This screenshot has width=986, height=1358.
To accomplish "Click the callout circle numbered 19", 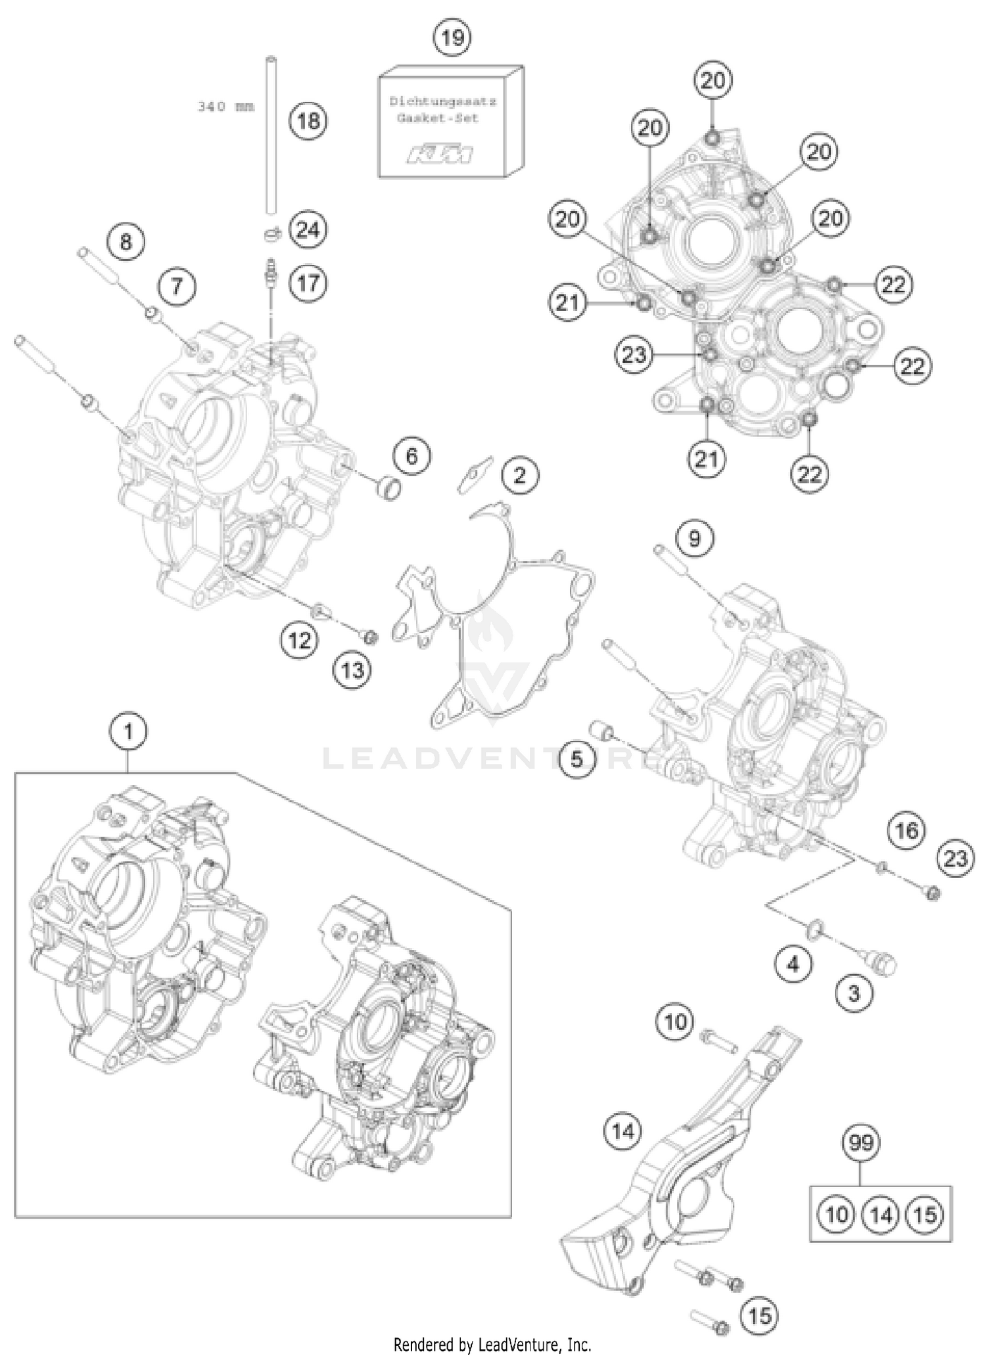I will pos(452,37).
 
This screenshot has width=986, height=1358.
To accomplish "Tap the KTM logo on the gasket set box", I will pos(439,155).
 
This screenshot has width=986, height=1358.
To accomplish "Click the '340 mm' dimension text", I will pos(225,106).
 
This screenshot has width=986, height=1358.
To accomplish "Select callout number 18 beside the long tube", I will pos(308,121).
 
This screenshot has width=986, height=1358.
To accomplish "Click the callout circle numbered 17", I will pos(308,283).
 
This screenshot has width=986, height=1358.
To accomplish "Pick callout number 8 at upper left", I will pos(126,241).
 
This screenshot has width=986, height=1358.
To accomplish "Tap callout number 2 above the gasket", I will pos(519,475).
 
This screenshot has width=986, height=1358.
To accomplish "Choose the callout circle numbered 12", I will pos(300,639).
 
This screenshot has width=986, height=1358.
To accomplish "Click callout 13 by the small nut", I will pos(352,670).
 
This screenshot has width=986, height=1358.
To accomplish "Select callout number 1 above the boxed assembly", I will pos(128,731).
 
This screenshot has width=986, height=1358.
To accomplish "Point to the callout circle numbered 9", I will pos(694,538).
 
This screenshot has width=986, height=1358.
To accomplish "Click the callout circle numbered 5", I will pos(576,760).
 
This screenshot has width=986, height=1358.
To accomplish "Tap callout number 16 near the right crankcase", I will pos(906,830).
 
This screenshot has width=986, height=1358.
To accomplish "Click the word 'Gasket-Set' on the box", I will pos(437,118).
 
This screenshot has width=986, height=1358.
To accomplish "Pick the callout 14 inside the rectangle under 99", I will pos(881,1214).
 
